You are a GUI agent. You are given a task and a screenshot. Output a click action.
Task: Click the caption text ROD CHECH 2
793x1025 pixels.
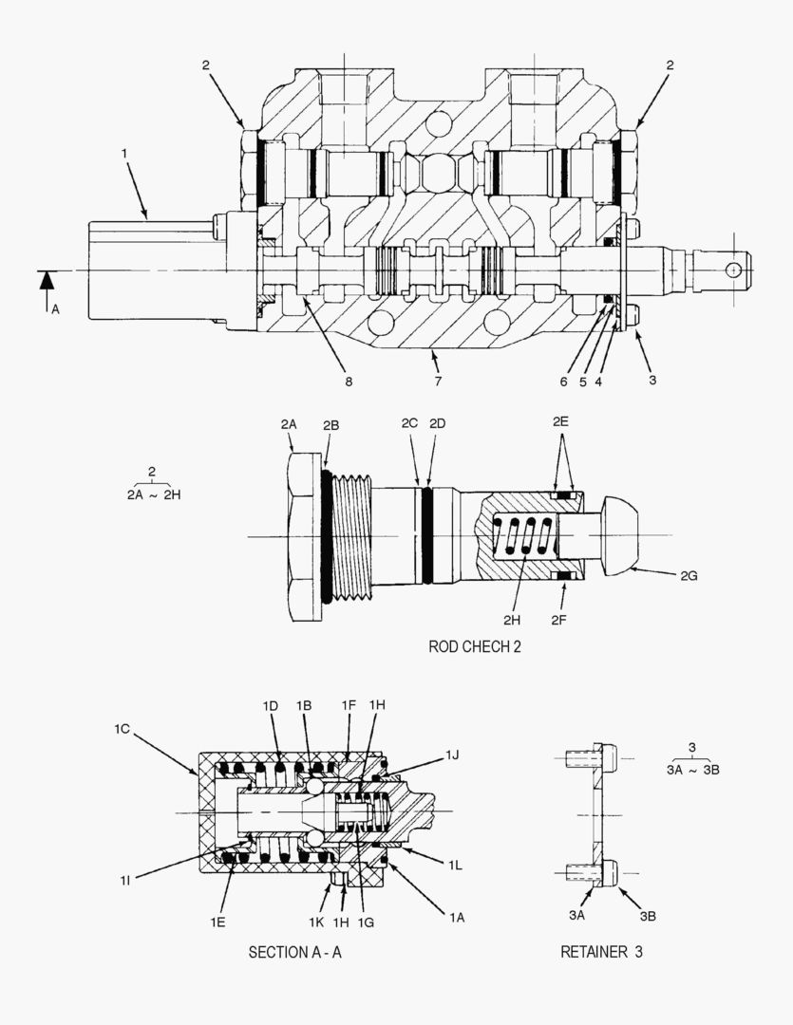coord(474,647)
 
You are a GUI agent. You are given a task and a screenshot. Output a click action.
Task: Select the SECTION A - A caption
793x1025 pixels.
coord(294,952)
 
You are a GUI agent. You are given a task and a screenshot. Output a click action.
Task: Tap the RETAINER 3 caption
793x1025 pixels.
coord(600,952)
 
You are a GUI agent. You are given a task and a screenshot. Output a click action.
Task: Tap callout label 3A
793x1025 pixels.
coord(576,915)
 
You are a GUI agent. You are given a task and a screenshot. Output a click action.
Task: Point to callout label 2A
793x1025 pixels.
coord(290,426)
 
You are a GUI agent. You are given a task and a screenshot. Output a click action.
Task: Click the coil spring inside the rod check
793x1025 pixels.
coord(525,537)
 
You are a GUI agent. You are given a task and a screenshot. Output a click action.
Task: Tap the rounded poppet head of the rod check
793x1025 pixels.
coord(622,536)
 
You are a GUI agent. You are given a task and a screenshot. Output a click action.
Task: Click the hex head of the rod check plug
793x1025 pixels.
coord(304,537)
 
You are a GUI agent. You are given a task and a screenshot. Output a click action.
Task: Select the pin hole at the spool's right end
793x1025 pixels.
coord(732,270)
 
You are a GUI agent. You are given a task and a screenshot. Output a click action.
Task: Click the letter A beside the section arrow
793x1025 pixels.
coord(54,308)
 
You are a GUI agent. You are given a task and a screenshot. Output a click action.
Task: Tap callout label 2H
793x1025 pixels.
coord(513,620)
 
